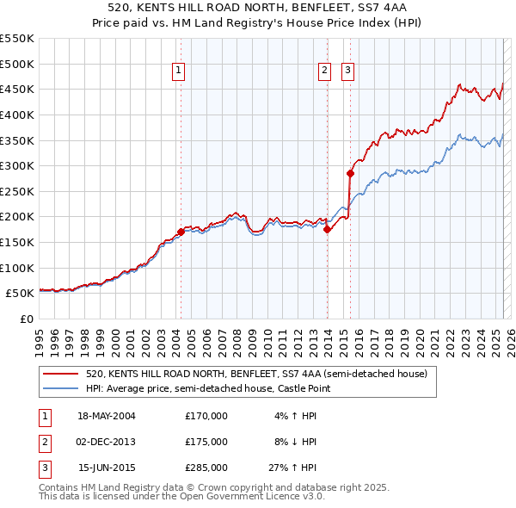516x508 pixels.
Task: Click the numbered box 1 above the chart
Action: tap(178, 71)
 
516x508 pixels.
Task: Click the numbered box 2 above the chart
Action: tap(324, 71)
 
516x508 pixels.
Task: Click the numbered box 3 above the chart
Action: tap(348, 71)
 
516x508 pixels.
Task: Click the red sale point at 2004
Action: tap(181, 232)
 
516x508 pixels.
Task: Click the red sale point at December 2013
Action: tap(327, 229)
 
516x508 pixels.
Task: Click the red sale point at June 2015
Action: tap(350, 173)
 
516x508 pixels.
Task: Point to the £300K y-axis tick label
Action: tap(17, 165)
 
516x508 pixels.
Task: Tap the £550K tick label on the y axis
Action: tap(17, 39)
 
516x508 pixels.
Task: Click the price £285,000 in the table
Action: tap(206, 468)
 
